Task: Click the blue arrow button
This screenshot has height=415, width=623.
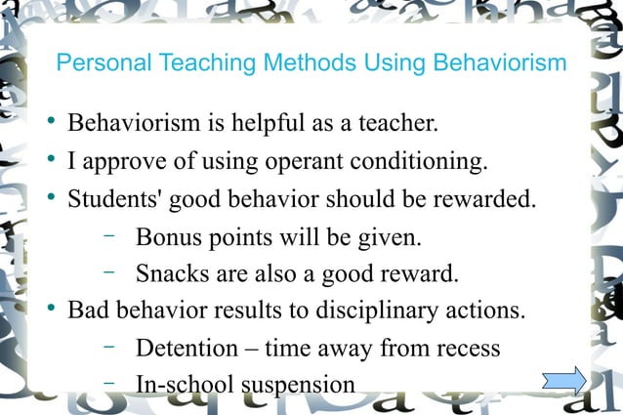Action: [565, 380]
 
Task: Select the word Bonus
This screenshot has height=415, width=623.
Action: [169, 236]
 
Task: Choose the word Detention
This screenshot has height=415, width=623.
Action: [186, 348]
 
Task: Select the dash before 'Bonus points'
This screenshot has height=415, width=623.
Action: [108, 234]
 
